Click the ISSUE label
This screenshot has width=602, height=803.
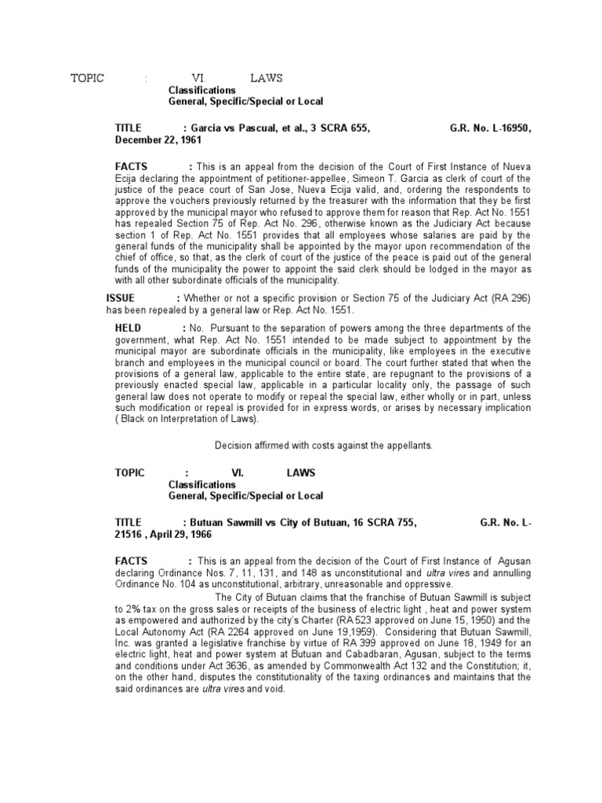pos(121,298)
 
